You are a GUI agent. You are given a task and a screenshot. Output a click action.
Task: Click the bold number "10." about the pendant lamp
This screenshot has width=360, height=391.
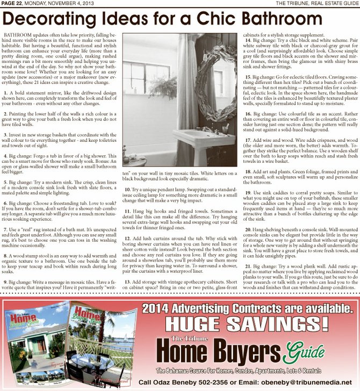(x=127, y=190)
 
